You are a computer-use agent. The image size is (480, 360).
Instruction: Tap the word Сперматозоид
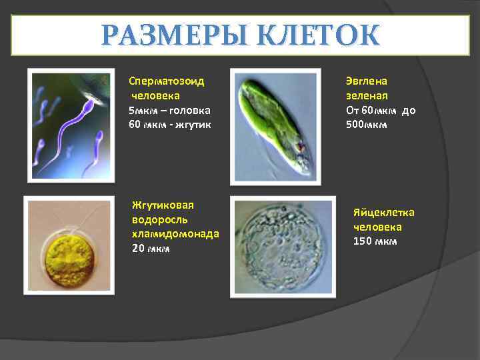(x=166, y=81)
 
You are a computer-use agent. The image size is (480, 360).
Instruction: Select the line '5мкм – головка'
(x=170, y=110)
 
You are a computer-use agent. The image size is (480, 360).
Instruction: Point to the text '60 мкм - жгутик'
(x=170, y=125)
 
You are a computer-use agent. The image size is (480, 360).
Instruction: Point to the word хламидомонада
(x=175, y=234)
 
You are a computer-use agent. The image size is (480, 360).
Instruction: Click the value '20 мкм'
(x=151, y=249)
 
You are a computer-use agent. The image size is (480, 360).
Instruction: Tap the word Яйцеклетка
(x=383, y=213)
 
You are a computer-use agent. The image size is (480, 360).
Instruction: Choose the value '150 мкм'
(x=375, y=241)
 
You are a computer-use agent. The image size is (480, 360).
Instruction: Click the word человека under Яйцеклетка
(x=377, y=227)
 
